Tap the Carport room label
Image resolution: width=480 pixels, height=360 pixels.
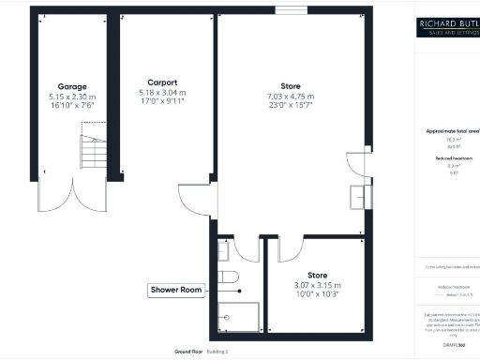(161, 82)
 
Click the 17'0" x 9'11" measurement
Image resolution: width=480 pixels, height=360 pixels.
(161, 103)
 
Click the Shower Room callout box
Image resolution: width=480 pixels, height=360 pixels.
(176, 291)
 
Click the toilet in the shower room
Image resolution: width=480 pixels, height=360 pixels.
(229, 276)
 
